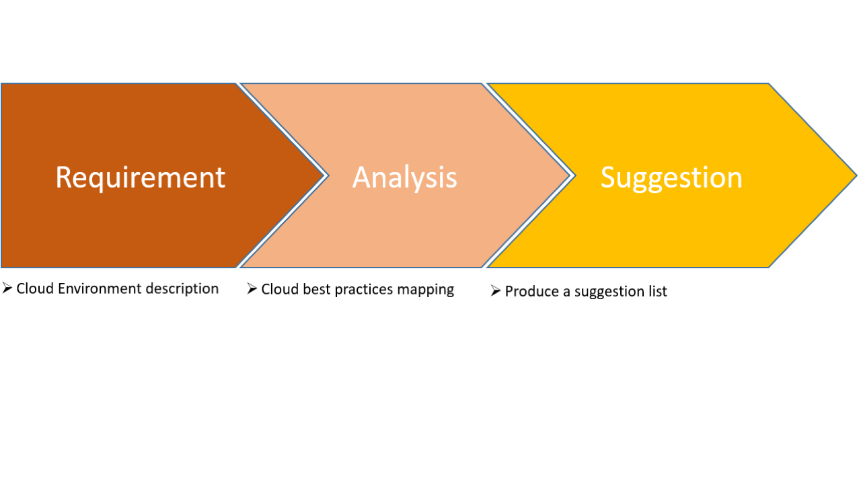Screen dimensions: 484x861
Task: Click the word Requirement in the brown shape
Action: coord(140,177)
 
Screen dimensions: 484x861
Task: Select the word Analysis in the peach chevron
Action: coord(404,177)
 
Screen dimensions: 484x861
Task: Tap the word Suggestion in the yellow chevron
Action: coord(671,177)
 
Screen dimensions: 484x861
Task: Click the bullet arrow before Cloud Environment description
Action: coord(7,288)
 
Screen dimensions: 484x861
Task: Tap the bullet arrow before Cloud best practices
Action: coord(252,289)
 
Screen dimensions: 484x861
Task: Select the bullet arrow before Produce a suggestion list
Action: coord(496,291)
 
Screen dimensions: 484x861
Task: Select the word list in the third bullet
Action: coord(658,292)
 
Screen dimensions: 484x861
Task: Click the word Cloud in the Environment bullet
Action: coord(35,289)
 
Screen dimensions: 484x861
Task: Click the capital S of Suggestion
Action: coord(608,177)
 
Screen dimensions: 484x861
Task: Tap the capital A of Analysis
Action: coord(363,177)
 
